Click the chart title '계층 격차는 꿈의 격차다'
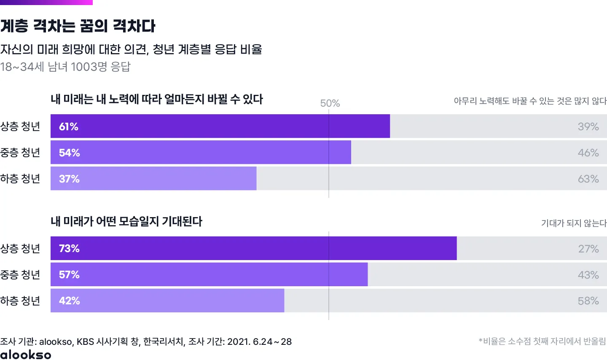tap(78, 26)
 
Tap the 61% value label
tap(69, 126)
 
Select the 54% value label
tap(70, 153)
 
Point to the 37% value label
tap(70, 179)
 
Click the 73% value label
tap(70, 248)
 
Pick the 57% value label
tap(70, 274)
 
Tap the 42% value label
tap(70, 301)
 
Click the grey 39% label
tap(588, 126)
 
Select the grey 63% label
tap(588, 179)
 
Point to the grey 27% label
tap(588, 249)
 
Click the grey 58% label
tap(588, 301)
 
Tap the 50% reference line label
tap(330, 103)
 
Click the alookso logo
tap(26, 355)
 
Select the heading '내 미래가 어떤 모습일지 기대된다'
tap(126, 221)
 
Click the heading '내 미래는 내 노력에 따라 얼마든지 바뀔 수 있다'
tap(157, 99)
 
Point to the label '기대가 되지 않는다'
tap(574, 223)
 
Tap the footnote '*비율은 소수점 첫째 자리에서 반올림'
tap(542, 341)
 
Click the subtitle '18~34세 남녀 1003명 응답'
tap(65, 67)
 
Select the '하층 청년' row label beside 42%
tap(20, 301)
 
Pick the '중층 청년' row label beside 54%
tap(20, 153)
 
